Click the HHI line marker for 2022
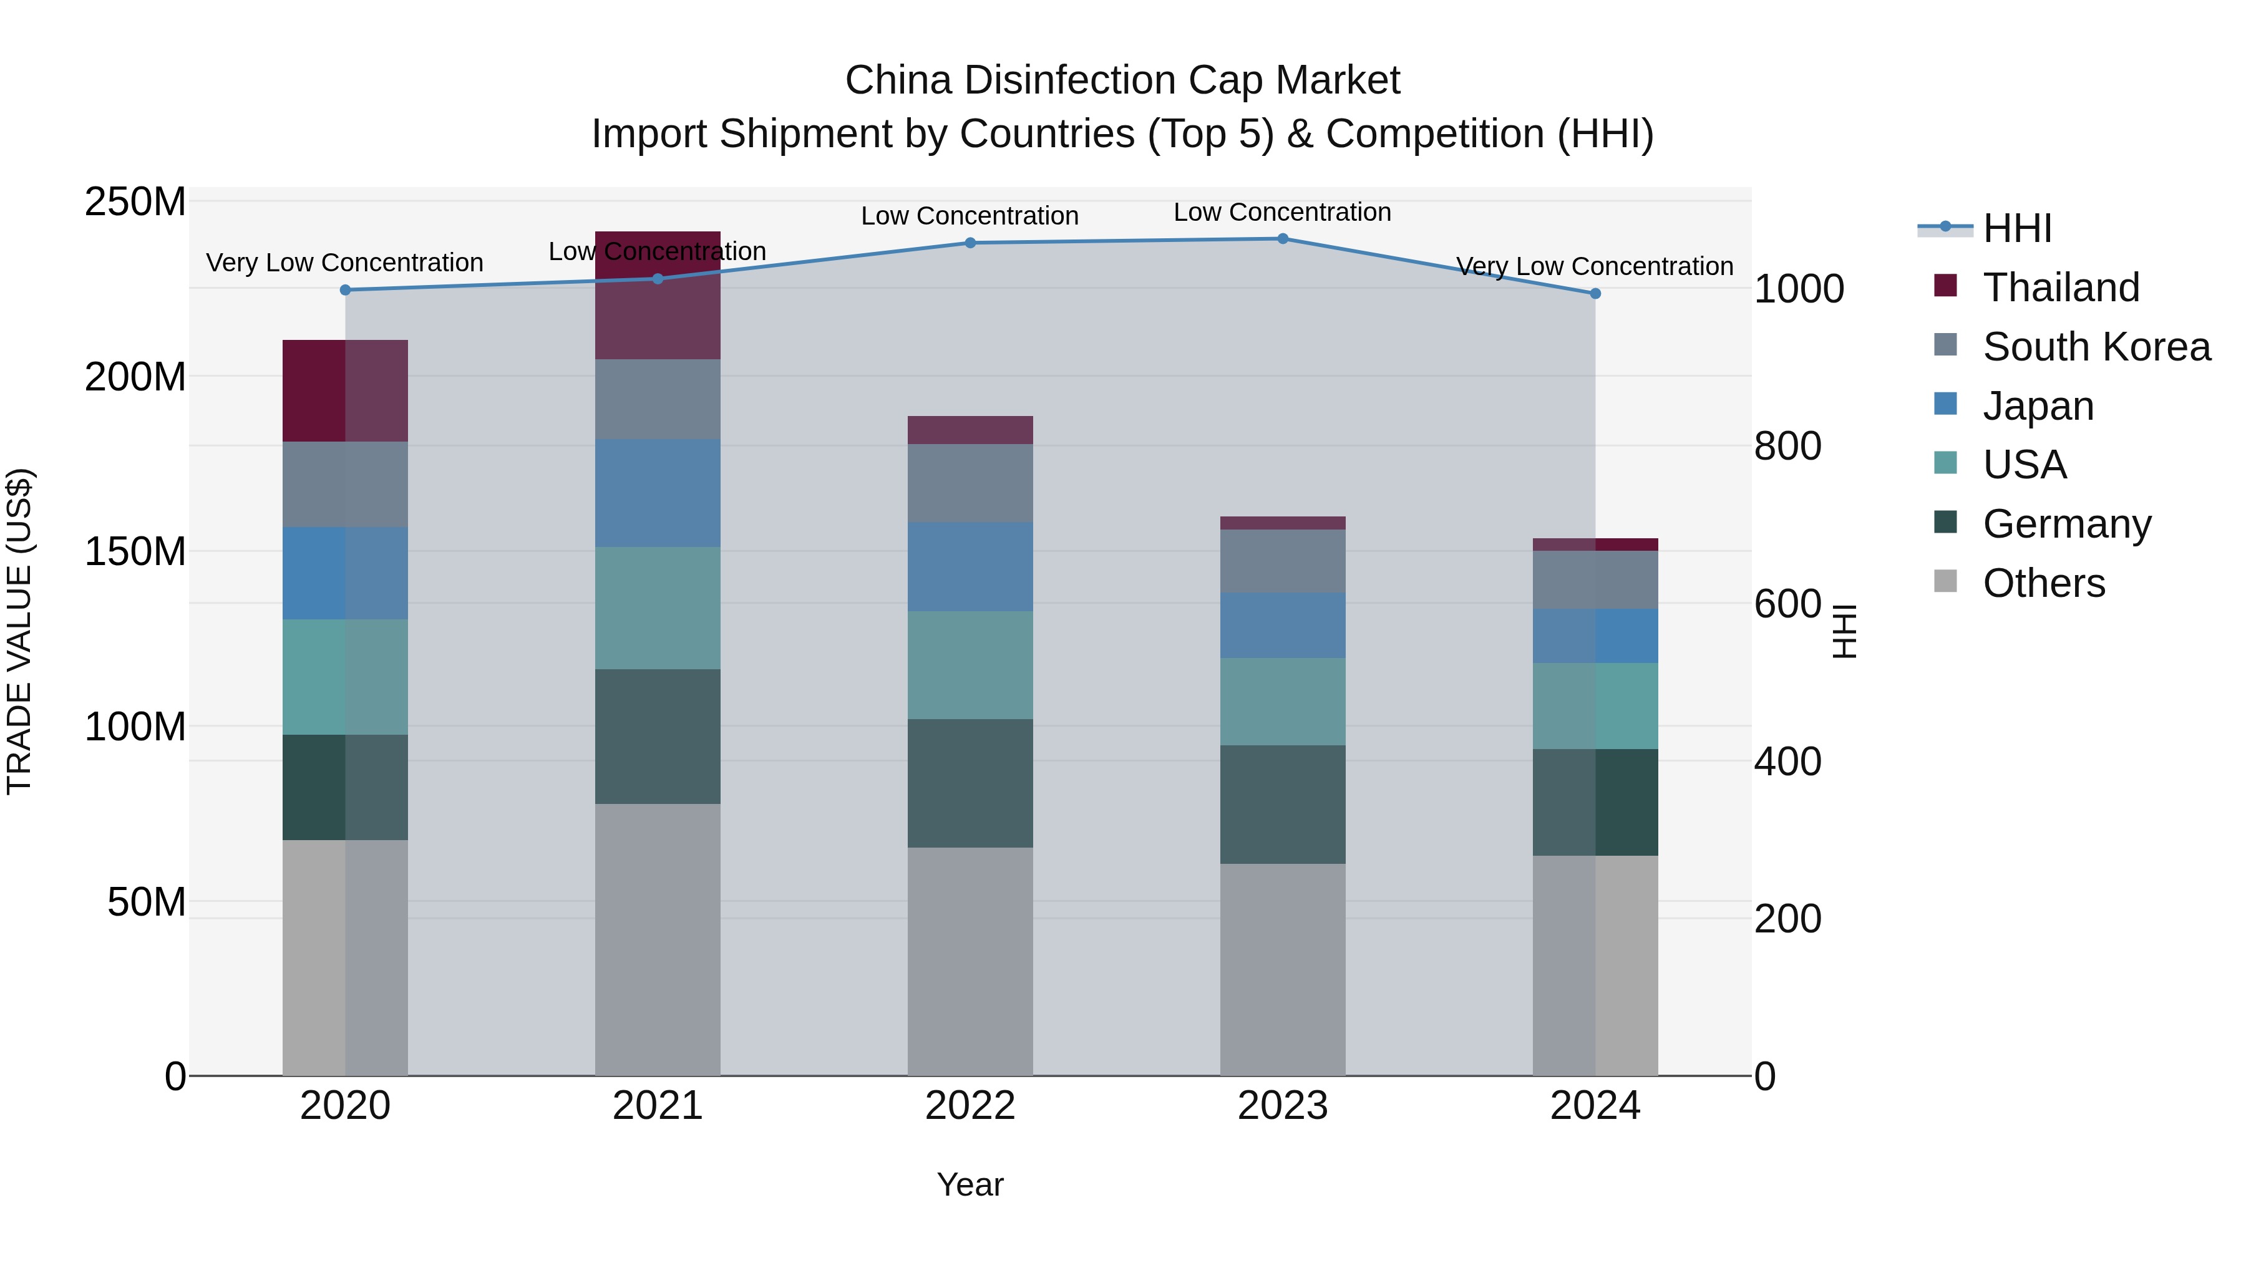point(970,243)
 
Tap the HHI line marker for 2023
point(1283,239)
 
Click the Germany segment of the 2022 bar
point(970,783)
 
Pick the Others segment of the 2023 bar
point(1283,969)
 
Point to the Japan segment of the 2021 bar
point(658,493)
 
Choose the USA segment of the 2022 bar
point(970,665)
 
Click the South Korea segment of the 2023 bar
point(1283,561)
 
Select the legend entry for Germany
point(2066,524)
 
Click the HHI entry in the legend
point(2016,228)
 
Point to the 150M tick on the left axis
point(135,552)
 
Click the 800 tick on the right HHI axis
point(1787,447)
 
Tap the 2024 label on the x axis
point(1595,1106)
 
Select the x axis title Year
point(970,1184)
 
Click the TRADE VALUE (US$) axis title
point(19,631)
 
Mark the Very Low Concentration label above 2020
point(344,263)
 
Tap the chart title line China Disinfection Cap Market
point(1122,80)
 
